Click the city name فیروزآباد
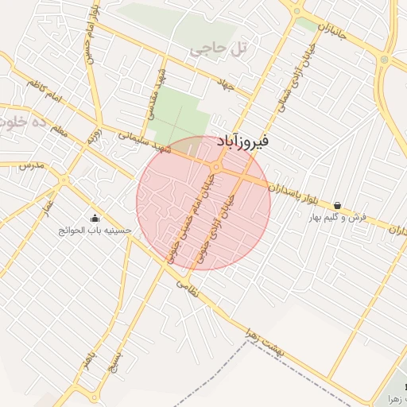pos(243,141)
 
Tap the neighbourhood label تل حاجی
pos(219,49)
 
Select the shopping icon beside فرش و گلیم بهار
pos(338,205)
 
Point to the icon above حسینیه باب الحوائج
pos(95,219)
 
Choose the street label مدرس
pos(29,165)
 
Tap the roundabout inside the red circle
pos(216,167)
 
